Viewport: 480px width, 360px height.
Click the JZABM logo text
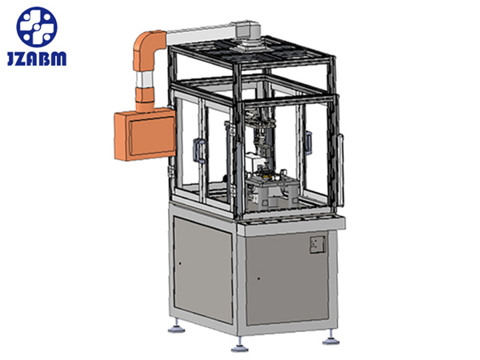click(37, 58)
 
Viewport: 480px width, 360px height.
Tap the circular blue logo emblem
click(37, 27)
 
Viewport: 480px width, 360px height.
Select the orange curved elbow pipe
click(146, 49)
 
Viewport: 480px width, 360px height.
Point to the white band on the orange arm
click(144, 80)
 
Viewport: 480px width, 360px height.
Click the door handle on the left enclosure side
click(198, 150)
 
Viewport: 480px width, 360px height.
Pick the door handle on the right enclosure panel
click(308, 142)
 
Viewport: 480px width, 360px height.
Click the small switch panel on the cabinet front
click(318, 244)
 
